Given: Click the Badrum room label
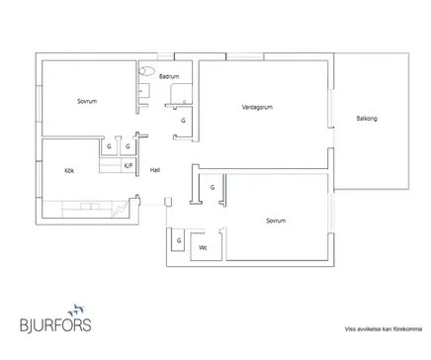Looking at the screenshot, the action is (x=169, y=76).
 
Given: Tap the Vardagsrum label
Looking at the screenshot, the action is (x=257, y=107).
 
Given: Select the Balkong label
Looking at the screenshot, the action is (x=367, y=119).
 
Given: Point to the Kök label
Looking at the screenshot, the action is (x=69, y=170).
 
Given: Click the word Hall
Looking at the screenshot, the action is (x=155, y=170).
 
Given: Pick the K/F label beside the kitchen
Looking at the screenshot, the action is (x=129, y=165).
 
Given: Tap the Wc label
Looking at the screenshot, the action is (x=203, y=247).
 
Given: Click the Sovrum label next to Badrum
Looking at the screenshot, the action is (x=87, y=101).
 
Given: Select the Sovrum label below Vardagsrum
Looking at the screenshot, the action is (x=276, y=221).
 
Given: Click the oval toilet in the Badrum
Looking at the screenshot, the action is (x=146, y=71).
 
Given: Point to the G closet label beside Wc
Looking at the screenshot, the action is (x=179, y=240).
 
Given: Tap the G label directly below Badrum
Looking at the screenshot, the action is (x=183, y=121).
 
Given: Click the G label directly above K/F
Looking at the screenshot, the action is (x=128, y=146).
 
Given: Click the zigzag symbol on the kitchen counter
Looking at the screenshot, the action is (x=120, y=210).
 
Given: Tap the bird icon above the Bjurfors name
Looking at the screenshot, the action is (x=76, y=311).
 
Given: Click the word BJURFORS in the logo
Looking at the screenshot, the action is (x=55, y=325).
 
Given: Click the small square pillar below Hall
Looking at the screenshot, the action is (x=168, y=202).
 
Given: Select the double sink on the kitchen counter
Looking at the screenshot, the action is (x=90, y=207).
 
